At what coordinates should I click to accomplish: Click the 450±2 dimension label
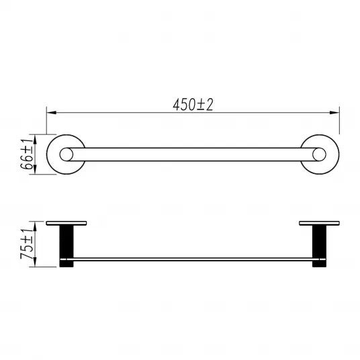point(193,105)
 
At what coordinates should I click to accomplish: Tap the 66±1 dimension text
point(27,154)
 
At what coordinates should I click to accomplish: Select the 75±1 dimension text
point(27,244)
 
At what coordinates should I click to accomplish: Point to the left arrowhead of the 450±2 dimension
point(52,113)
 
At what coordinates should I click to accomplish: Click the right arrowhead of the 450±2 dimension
point(334,113)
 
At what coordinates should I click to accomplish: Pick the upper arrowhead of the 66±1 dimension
point(35,139)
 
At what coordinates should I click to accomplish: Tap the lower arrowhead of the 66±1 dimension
point(35,170)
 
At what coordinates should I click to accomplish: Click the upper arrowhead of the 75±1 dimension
point(35,226)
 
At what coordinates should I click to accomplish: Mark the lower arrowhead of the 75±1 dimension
point(35,262)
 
